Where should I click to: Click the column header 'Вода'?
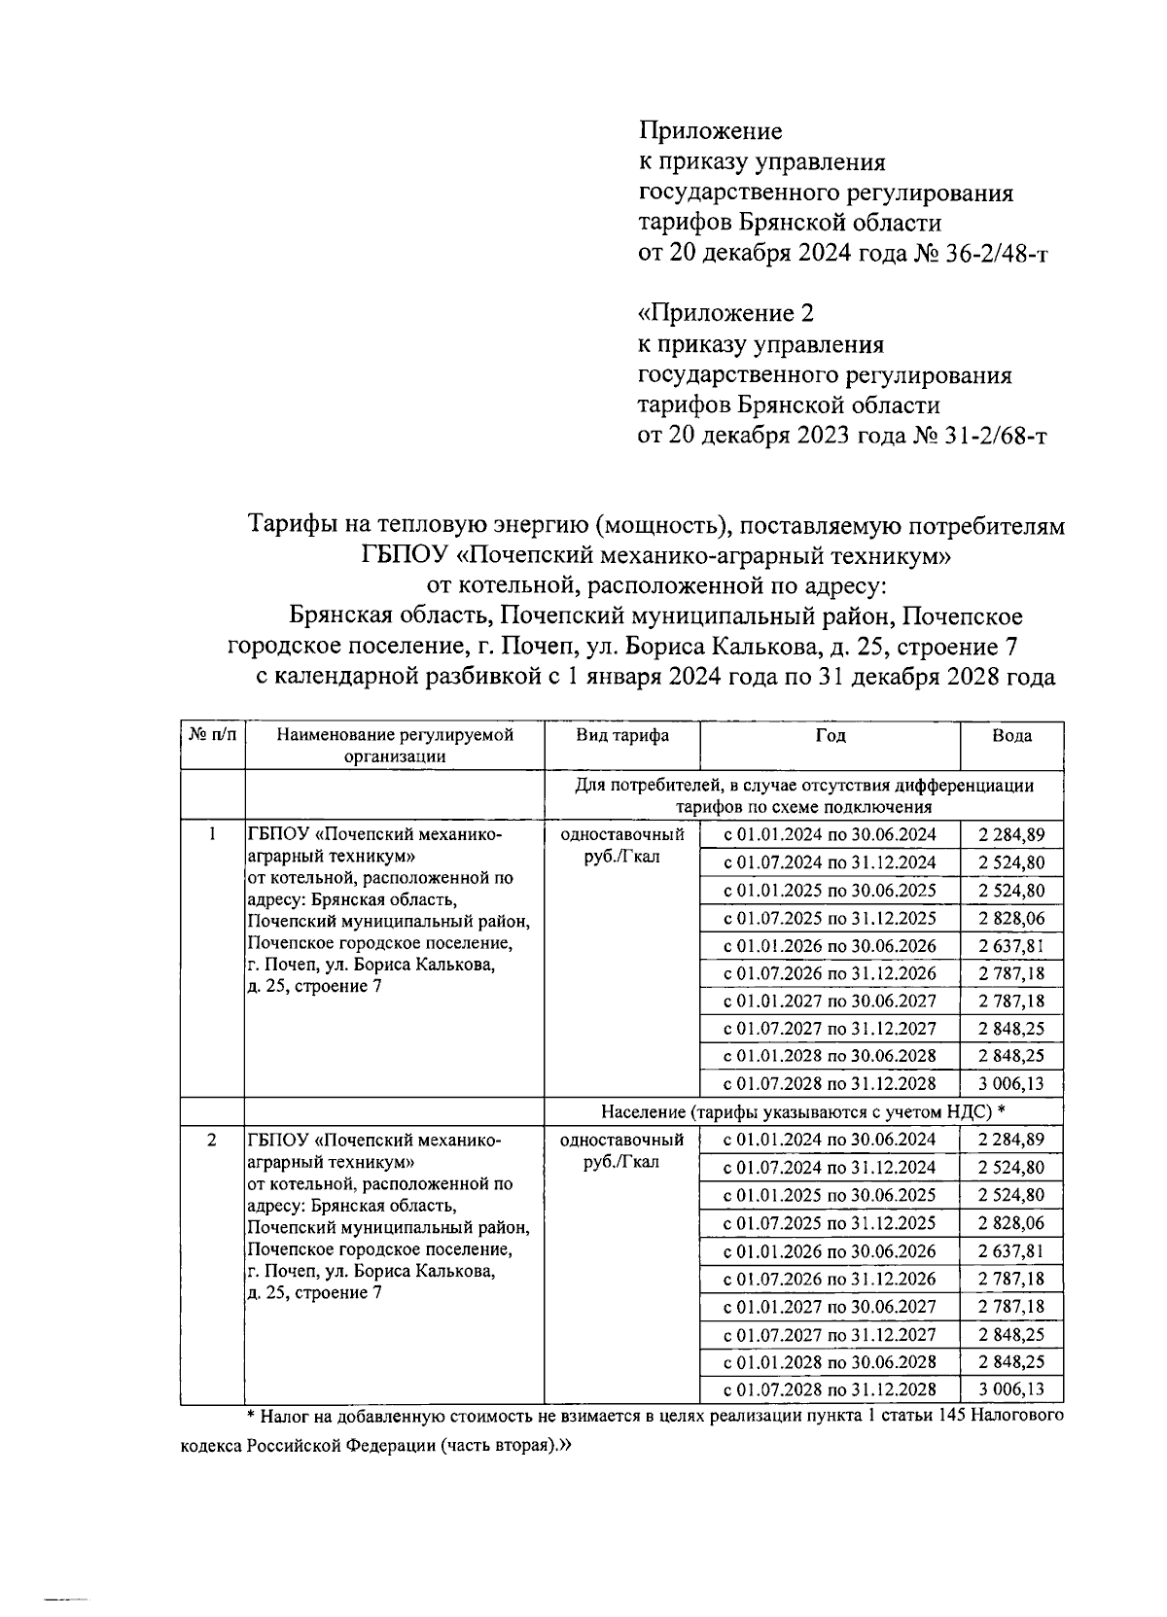pos(1011,736)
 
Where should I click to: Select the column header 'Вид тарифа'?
pos(621,736)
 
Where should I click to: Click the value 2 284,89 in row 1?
pos(1011,834)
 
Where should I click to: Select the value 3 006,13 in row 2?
pos(1011,1389)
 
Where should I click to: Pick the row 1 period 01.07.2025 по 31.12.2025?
pos(830,918)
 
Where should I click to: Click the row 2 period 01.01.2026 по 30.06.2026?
pos(830,1250)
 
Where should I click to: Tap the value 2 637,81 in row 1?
pos(1011,946)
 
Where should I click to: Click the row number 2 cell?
pos(212,1140)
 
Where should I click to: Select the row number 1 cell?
pos(212,834)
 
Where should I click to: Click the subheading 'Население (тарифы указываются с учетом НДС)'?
pos(802,1111)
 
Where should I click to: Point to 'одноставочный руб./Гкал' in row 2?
pos(621,1150)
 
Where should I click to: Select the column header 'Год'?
pos(830,736)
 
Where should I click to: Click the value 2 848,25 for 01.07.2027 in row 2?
pos(1011,1334)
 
